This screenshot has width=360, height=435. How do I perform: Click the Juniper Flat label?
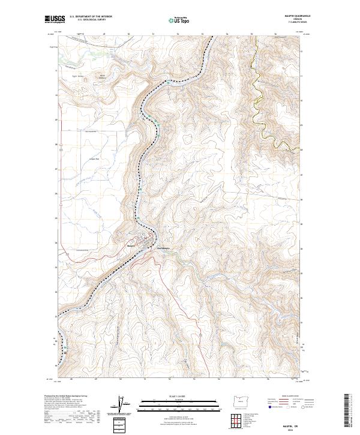pyautogui.click(x=93, y=158)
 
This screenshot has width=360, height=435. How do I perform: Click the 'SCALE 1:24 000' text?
pyautogui.click(x=179, y=395)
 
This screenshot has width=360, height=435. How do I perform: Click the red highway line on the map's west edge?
pyautogui.click(x=58, y=180)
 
